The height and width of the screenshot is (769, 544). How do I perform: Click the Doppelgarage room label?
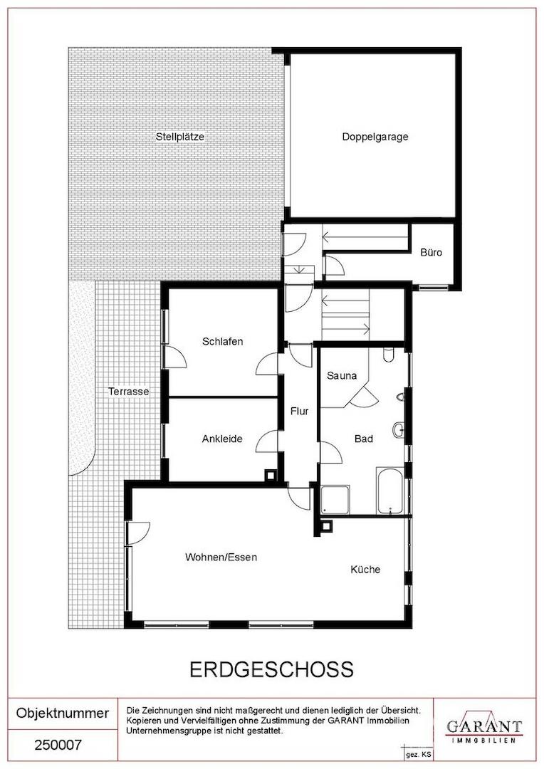pyautogui.click(x=375, y=137)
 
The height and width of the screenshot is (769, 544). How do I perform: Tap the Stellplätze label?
pyautogui.click(x=180, y=137)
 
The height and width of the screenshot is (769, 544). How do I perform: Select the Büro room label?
pyautogui.click(x=431, y=253)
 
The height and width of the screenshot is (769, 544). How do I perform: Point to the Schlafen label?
pyautogui.click(x=222, y=341)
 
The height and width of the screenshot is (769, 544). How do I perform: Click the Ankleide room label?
pyautogui.click(x=222, y=439)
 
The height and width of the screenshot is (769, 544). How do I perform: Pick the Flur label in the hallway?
pyautogui.click(x=299, y=411)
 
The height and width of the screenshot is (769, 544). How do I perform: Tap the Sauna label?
pyautogui.click(x=342, y=376)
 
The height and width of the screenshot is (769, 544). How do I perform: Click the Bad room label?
pyautogui.click(x=363, y=439)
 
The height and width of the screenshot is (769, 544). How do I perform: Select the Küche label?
pyautogui.click(x=365, y=570)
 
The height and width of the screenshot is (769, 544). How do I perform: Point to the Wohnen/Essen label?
pyautogui.click(x=221, y=557)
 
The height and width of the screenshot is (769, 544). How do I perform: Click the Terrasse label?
pyautogui.click(x=128, y=392)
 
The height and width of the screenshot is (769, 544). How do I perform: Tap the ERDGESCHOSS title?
pyautogui.click(x=271, y=669)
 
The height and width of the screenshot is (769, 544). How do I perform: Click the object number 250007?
pyautogui.click(x=58, y=746)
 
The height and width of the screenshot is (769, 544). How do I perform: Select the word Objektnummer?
pyautogui.click(x=63, y=713)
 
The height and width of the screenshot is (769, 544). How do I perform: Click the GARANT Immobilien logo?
pyautogui.click(x=483, y=729)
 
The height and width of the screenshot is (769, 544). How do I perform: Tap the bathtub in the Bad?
pyautogui.click(x=390, y=491)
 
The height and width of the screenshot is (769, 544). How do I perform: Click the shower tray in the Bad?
pyautogui.click(x=335, y=500)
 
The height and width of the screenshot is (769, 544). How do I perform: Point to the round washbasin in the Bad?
pyautogui.click(x=398, y=430)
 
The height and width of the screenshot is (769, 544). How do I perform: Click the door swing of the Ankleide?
pyautogui.click(x=267, y=441)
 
